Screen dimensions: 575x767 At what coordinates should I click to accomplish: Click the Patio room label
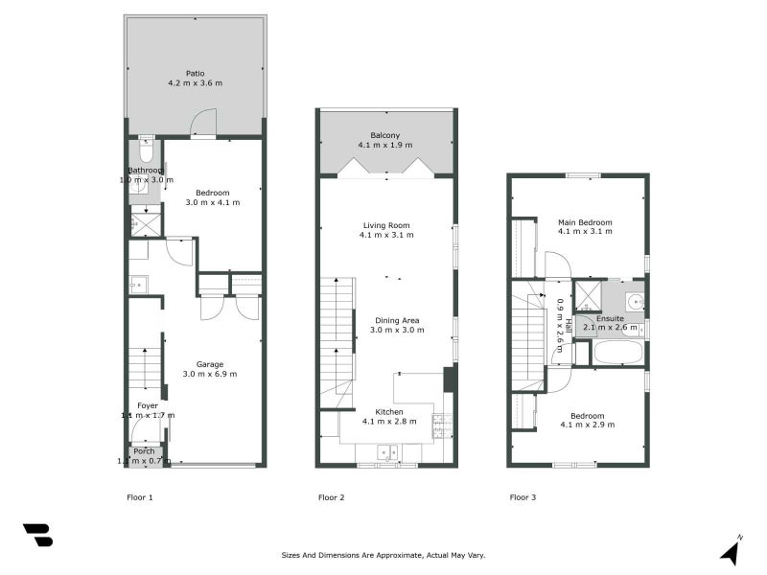point(196,72)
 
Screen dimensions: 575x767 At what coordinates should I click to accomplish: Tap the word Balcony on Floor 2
point(384,135)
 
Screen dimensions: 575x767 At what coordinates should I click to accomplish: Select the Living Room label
point(386,225)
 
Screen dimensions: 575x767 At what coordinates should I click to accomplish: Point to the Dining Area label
point(397,320)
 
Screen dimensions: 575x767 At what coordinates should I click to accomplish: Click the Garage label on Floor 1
point(210,364)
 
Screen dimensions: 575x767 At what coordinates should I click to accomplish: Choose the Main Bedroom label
point(585,222)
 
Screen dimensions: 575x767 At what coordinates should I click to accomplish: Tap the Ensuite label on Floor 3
point(610,317)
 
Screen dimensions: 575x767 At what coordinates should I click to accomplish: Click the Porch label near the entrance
point(144,451)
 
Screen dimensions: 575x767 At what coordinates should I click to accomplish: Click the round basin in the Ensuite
point(635,300)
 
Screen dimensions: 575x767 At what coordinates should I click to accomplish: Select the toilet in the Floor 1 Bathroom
point(146,150)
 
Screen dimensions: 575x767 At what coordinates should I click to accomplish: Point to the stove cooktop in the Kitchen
point(442,425)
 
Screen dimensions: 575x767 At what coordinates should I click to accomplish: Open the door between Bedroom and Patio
point(202,125)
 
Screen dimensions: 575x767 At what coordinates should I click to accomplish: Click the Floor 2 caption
point(331,497)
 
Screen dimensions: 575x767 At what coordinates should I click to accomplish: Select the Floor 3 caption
point(523,497)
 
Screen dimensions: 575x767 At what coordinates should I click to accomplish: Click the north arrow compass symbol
point(731,551)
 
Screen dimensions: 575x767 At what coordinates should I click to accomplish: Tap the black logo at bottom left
point(37,535)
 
